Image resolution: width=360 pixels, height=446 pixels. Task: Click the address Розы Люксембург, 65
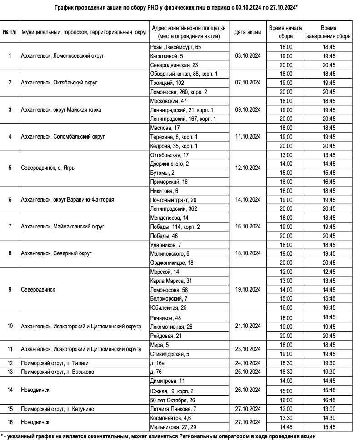point(175,47)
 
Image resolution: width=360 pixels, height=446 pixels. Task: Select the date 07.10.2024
point(247,83)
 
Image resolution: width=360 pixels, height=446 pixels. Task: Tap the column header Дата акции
point(247,32)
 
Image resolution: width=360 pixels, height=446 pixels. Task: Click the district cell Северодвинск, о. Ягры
point(49,168)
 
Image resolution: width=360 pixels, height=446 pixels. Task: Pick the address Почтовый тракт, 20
point(173,199)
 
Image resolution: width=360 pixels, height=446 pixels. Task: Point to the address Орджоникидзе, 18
point(171,263)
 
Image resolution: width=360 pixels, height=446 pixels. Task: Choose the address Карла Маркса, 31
point(171,281)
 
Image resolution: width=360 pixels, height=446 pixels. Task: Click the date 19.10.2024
point(247,289)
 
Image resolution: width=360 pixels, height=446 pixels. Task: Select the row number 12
point(10,362)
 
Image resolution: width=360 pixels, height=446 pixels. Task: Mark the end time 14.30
point(328,418)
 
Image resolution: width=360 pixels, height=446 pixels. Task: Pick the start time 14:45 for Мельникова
point(286,427)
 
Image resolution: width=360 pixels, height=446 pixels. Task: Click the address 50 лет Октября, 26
point(172,400)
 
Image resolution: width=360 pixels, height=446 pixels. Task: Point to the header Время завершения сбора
point(328,32)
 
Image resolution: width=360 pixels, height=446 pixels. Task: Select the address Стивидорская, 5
point(170,353)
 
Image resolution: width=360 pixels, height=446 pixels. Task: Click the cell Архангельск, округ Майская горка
point(61,110)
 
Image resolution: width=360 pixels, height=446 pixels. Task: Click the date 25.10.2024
point(247,372)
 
